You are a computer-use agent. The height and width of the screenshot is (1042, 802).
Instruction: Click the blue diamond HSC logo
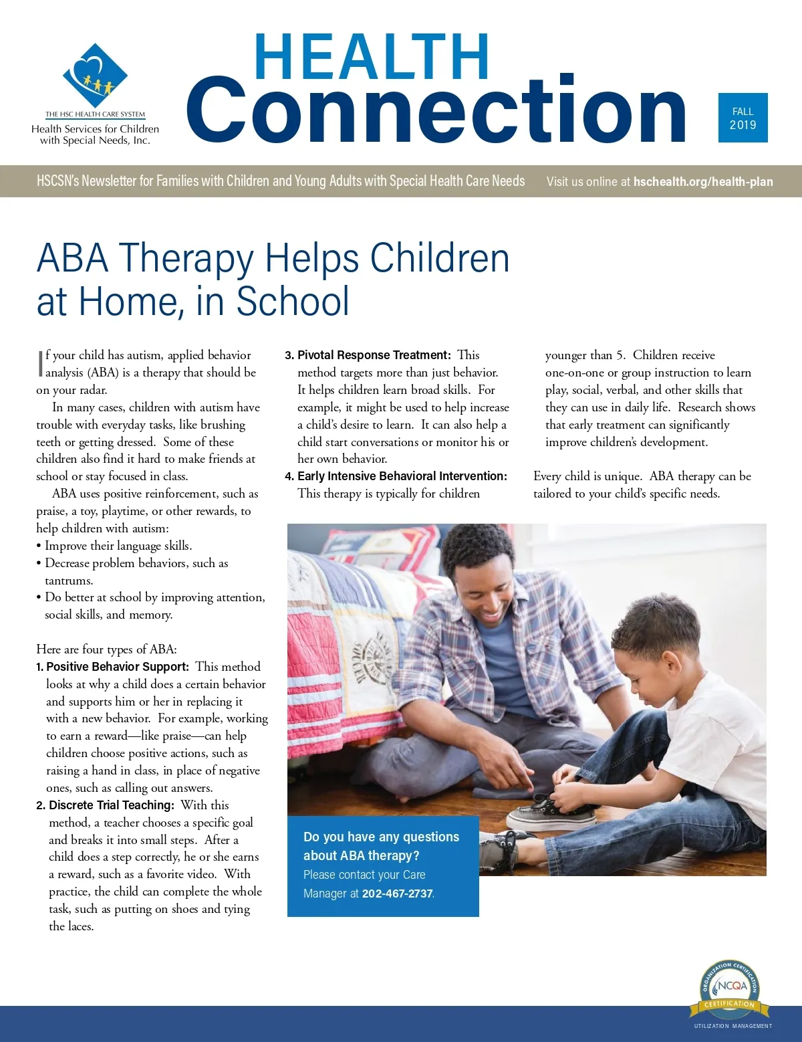(x=95, y=75)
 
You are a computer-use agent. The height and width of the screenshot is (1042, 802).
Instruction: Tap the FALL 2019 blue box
(x=743, y=118)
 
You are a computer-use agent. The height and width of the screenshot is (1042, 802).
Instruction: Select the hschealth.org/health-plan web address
(x=703, y=181)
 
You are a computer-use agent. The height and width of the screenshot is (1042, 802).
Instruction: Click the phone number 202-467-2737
(x=398, y=894)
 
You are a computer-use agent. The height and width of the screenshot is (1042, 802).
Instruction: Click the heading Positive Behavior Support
(x=118, y=667)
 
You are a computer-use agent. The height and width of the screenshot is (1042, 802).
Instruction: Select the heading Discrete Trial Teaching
(x=112, y=805)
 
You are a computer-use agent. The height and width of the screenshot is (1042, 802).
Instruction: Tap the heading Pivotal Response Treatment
(x=374, y=355)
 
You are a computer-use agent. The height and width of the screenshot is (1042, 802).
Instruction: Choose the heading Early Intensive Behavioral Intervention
(x=402, y=476)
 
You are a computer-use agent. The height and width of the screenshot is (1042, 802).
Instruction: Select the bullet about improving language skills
(x=118, y=546)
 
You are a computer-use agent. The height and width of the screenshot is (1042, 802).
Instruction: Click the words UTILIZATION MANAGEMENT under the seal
(x=732, y=1026)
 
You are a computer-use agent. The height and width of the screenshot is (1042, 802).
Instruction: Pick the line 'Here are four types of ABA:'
(x=106, y=649)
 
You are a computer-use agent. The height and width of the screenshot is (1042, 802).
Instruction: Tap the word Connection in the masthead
(x=436, y=110)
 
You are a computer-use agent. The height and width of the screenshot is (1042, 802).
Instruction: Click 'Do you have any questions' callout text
(x=381, y=837)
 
